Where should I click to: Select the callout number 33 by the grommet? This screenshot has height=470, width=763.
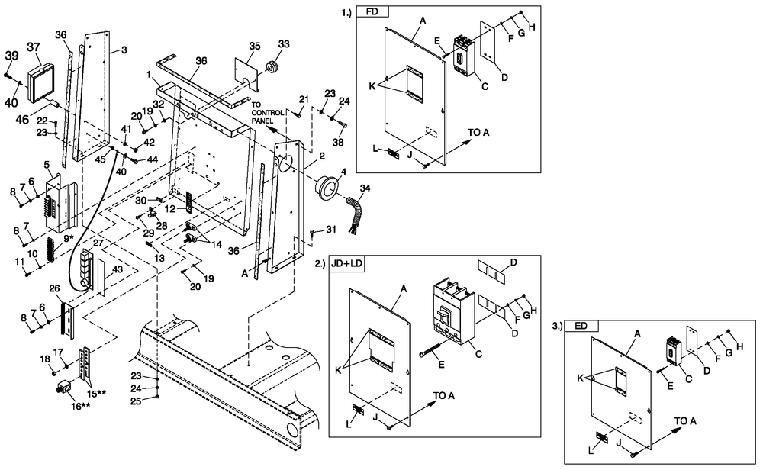pos(283,45)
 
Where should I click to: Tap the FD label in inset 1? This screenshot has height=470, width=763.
pos(373,12)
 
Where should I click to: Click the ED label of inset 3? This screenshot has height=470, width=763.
pos(581,326)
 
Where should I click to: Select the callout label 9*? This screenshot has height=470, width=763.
pos(68,238)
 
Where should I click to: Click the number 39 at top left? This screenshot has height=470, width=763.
pos(12,56)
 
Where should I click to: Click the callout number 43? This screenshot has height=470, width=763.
pos(117,269)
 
